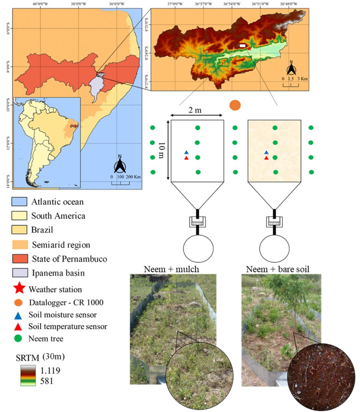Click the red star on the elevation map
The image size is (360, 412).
pyautogui.click(x=249, y=49)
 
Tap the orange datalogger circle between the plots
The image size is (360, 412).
pyautogui.click(x=234, y=105)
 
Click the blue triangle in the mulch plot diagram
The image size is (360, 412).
pyautogui.click(x=186, y=153)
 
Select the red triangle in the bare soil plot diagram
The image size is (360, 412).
pyautogui.click(x=266, y=158)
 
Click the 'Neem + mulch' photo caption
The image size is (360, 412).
pyautogui.click(x=171, y=269)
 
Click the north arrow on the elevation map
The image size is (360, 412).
pyautogui.click(x=292, y=68)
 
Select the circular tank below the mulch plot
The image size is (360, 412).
pyautogui.click(x=198, y=249)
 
